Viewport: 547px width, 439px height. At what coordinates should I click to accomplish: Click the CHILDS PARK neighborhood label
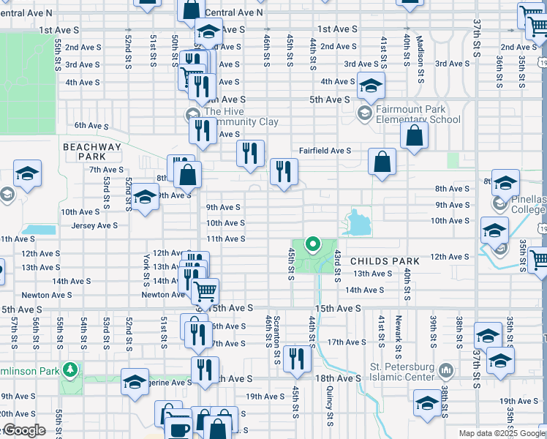[x=385, y=261]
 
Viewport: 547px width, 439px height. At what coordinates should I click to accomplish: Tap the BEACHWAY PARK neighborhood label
[x=92, y=151]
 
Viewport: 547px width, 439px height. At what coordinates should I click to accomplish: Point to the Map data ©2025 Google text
[x=501, y=433]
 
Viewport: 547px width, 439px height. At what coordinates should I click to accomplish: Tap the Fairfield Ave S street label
[x=325, y=151]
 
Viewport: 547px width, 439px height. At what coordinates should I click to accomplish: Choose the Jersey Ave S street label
[x=94, y=225]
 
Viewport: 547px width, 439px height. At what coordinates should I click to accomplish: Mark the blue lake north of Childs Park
[x=356, y=222]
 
